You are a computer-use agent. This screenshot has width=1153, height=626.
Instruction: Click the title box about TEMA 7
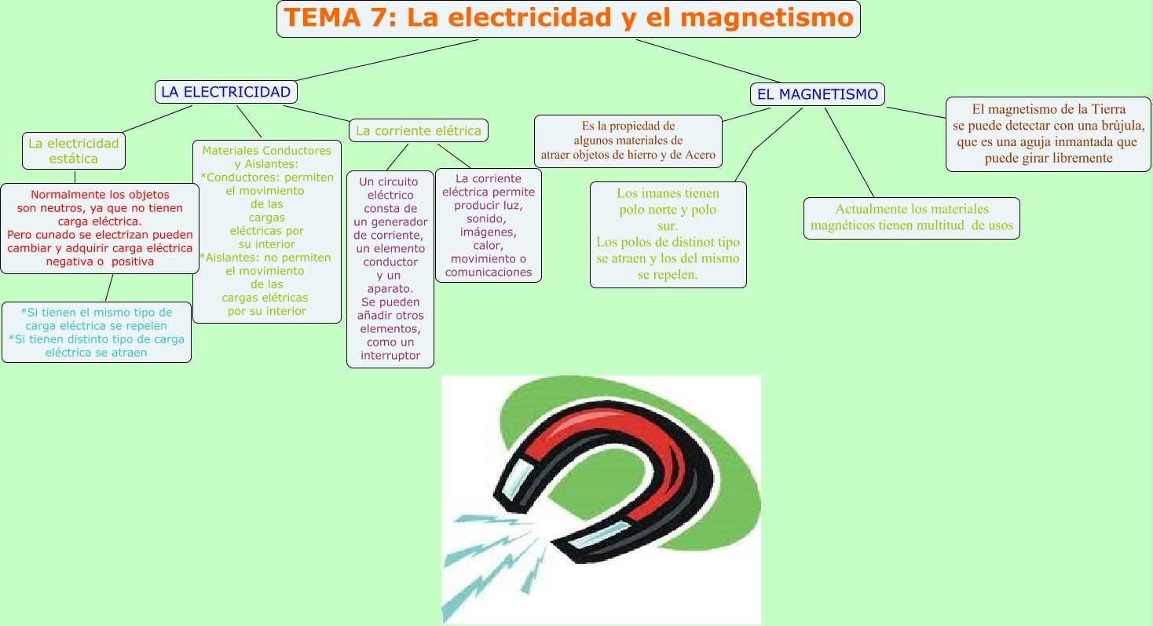568,19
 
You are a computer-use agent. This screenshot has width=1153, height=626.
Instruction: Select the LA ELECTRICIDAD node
225,92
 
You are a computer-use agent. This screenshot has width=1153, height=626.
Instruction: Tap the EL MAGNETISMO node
817,95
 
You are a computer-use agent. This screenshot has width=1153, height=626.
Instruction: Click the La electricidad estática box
74,151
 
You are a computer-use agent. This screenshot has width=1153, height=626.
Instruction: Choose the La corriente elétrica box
418,130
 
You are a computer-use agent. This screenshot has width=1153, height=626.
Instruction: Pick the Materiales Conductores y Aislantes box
267,231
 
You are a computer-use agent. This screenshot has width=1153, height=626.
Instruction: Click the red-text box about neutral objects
100,228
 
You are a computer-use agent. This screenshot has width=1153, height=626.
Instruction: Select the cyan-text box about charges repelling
97,332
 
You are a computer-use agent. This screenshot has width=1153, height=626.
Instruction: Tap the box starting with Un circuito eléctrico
390,269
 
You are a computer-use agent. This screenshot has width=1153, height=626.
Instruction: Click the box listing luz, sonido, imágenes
489,226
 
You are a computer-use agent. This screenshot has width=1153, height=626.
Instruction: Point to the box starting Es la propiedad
628,141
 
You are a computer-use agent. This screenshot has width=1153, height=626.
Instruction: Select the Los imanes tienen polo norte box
668,234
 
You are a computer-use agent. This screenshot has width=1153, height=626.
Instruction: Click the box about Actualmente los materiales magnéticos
911,218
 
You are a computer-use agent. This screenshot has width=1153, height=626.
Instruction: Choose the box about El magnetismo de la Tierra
1049,134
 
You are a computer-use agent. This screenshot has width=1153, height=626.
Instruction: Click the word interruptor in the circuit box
390,356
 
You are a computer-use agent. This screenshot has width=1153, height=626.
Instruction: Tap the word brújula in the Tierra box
1122,126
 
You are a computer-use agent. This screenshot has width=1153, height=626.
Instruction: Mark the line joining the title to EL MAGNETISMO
707,60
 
